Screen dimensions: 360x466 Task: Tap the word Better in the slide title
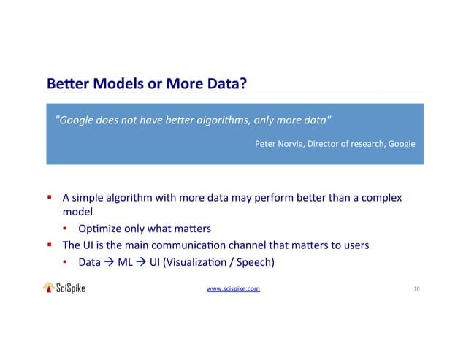click(64, 85)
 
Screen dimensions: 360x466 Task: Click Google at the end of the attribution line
click(401, 144)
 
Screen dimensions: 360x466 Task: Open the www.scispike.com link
click(233, 289)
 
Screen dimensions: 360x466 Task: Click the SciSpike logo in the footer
click(64, 288)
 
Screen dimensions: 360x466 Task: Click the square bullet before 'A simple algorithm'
click(50, 198)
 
